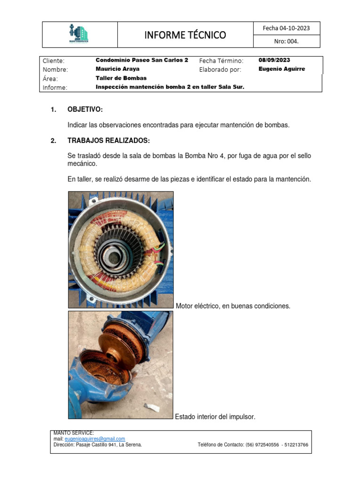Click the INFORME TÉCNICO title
coord(185,35)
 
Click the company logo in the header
coord(78,34)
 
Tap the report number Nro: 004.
coord(287,42)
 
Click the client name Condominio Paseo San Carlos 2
coord(142,60)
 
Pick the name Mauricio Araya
coord(117,69)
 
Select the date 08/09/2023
coord(274,60)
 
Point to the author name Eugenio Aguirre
coord(282,69)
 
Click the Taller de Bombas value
coord(121,78)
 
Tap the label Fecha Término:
coord(221,61)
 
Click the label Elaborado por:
coord(220,69)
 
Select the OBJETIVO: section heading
coord(85,110)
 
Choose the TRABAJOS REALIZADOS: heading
coord(109,141)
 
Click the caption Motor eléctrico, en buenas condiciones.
coord(233,306)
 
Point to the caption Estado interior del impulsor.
coord(215,416)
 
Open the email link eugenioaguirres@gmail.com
coord(95,439)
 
